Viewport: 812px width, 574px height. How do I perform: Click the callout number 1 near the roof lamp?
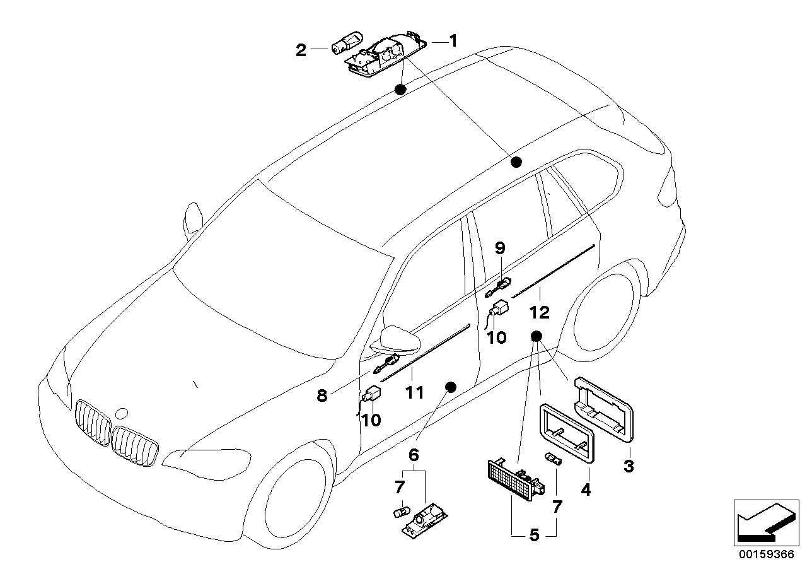tap(453, 41)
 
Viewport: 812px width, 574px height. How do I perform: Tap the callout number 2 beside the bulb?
tap(301, 50)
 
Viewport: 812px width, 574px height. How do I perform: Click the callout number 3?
tap(629, 467)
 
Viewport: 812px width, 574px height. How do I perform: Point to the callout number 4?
tap(586, 488)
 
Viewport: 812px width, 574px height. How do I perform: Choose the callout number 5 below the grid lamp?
tap(533, 536)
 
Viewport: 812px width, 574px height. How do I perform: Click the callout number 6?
tap(414, 454)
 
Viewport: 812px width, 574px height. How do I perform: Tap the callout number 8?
tap(322, 395)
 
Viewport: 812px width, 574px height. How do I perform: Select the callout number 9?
tap(500, 249)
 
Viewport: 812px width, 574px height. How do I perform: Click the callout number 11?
tap(414, 392)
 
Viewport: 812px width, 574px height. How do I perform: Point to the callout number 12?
tap(540, 312)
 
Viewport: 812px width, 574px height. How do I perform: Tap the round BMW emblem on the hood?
tap(122, 414)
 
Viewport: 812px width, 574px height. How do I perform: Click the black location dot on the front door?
tap(450, 386)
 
